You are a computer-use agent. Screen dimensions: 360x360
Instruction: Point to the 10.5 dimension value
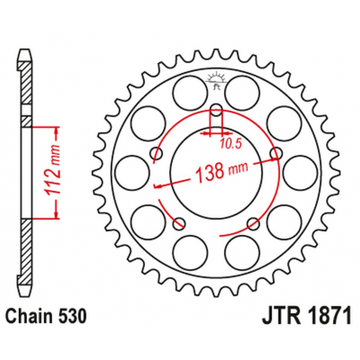[x=230, y=143]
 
